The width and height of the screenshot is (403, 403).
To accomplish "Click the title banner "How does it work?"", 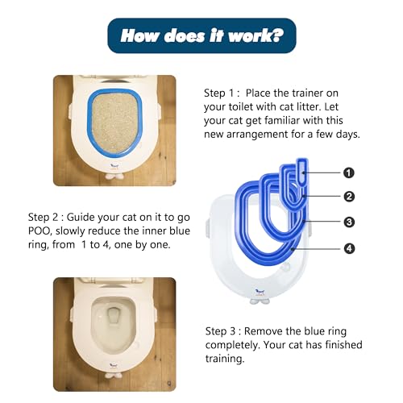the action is pyautogui.click(x=201, y=35).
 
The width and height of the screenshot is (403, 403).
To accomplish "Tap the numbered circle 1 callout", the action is pyautogui.click(x=349, y=172).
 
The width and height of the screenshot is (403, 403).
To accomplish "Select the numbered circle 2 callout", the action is pyautogui.click(x=349, y=197).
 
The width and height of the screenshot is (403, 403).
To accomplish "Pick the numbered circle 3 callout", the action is pyautogui.click(x=349, y=222).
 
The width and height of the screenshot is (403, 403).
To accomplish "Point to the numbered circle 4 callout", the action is pyautogui.click(x=349, y=248).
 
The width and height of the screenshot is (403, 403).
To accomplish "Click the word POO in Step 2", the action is pyautogui.click(x=39, y=231).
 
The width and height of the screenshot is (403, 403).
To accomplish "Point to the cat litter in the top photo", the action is pyautogui.click(x=114, y=123).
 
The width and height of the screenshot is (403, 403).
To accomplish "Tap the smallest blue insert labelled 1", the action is pyautogui.click(x=302, y=172).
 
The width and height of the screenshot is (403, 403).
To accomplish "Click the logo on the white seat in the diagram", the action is pyautogui.click(x=260, y=292).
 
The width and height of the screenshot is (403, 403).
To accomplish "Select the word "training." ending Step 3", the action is pyautogui.click(x=225, y=359).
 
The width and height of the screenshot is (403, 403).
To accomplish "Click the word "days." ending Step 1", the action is pyautogui.click(x=348, y=135).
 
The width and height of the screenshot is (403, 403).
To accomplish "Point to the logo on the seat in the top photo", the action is pyautogui.click(x=115, y=166).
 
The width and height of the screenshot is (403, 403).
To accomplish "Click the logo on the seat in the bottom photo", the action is pyautogui.click(x=114, y=365).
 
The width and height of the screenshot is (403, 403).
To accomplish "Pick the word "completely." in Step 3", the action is pyautogui.click(x=233, y=345).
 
